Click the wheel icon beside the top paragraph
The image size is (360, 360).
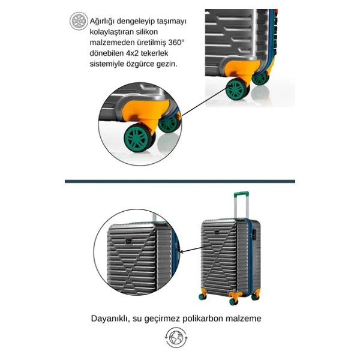79,21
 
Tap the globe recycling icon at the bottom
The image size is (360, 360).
176,337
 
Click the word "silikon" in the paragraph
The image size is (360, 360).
147,32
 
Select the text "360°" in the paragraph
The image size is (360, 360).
176,43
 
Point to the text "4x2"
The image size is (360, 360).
132,53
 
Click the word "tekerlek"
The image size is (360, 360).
154,53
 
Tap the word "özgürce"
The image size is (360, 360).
140,64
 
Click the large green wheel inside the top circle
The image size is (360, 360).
138,138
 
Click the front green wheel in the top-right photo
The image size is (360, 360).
236,89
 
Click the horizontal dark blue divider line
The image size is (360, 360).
180,181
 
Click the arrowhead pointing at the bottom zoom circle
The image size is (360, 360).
181,252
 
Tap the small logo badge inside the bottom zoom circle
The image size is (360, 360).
128,242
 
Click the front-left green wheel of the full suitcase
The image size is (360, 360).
202,296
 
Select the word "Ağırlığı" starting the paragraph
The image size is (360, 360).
102,22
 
